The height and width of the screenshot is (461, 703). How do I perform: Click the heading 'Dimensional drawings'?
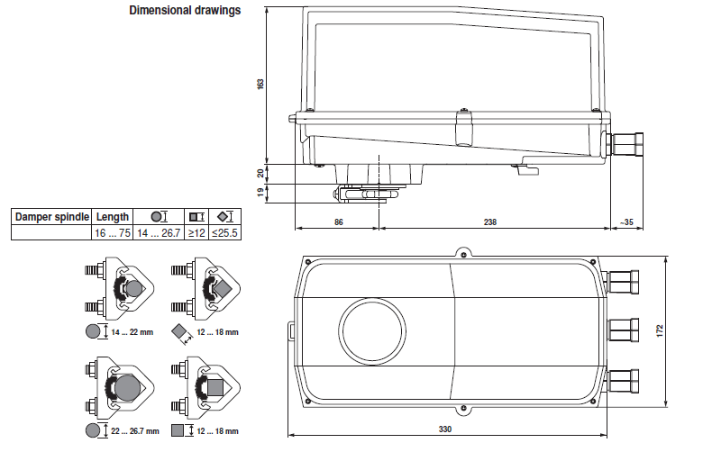click(185, 12)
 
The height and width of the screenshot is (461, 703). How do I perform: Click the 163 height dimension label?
click(260, 84)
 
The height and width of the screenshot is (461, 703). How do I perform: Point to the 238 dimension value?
click(489, 221)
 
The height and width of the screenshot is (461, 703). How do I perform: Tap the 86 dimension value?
click(339, 221)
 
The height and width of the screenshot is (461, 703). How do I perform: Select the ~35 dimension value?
click(626, 221)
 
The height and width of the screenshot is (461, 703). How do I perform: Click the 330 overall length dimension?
click(444, 429)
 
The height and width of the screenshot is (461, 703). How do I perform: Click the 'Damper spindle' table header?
click(51, 217)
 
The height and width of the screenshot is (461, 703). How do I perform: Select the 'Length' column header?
click(113, 217)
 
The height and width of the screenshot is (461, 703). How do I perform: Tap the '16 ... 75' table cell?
click(113, 233)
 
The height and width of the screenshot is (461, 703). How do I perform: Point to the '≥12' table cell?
click(196, 233)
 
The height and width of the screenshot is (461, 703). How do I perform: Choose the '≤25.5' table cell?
click(224, 233)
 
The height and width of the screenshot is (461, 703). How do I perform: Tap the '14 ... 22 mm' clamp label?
click(132, 332)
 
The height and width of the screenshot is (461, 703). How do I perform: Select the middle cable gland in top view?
click(623, 330)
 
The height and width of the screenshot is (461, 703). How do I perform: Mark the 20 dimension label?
click(260, 173)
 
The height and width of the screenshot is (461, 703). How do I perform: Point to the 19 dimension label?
click(260, 192)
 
